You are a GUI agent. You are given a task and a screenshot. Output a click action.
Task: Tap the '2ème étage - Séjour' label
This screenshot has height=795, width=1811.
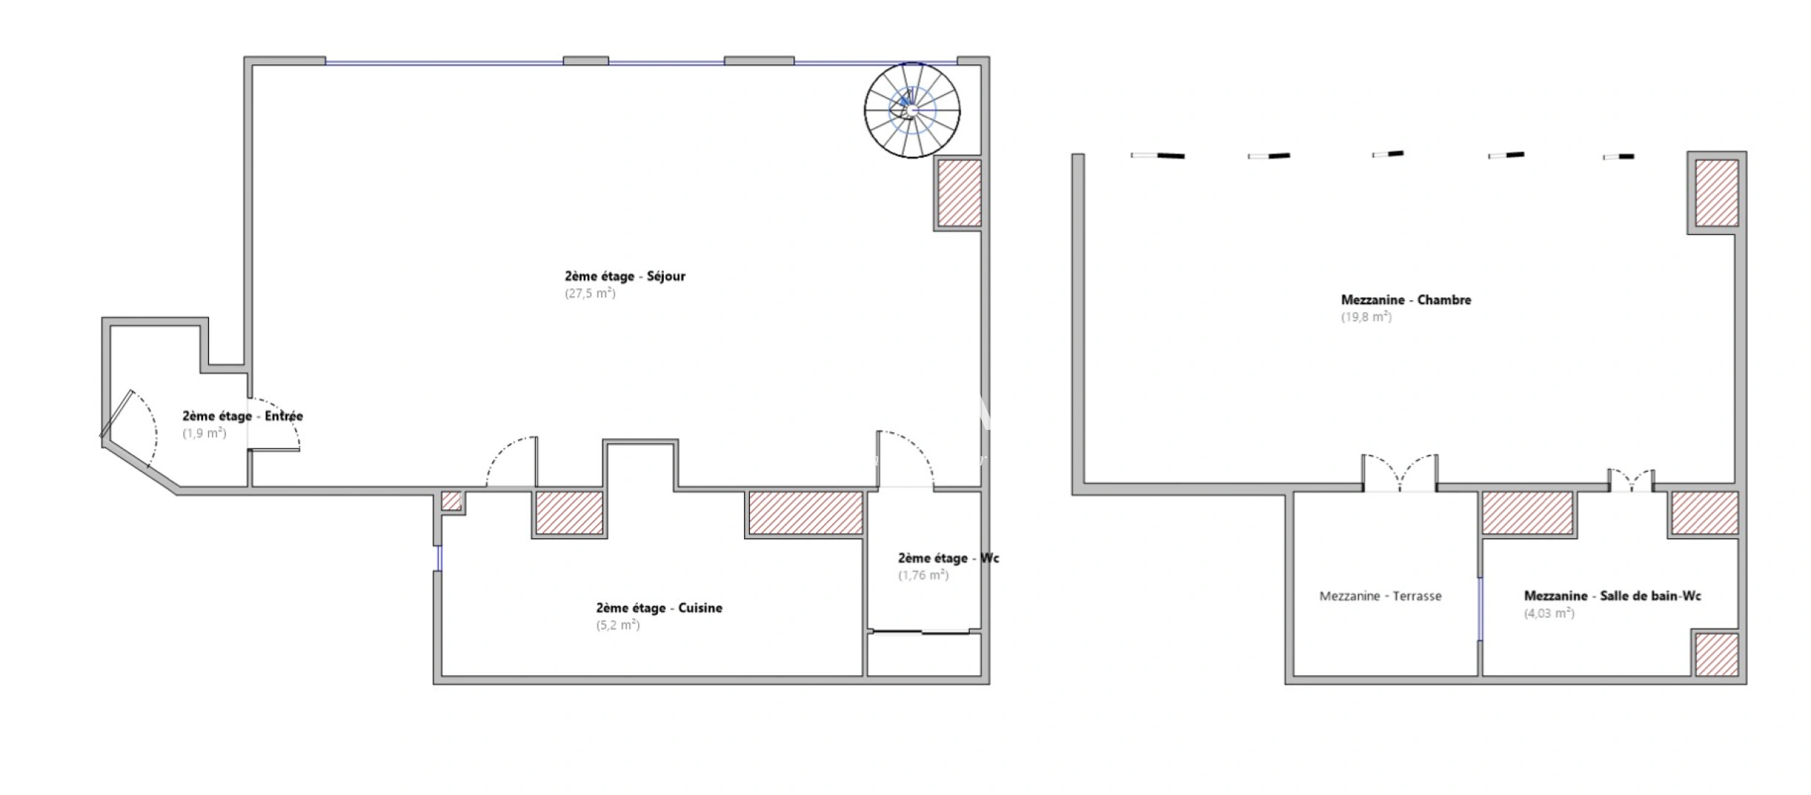click(625, 277)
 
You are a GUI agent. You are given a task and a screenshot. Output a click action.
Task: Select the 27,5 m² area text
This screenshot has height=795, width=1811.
click(590, 293)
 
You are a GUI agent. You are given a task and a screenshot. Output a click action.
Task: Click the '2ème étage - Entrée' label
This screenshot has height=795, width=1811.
click(243, 417)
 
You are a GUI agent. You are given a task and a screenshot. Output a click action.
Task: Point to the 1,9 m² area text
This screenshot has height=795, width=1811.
click(205, 434)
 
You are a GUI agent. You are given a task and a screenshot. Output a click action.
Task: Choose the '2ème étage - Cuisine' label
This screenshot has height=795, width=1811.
click(659, 608)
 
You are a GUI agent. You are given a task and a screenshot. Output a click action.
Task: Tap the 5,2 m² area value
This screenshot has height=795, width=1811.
click(618, 625)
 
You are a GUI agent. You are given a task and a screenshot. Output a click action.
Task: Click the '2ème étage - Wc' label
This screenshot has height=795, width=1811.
click(949, 558)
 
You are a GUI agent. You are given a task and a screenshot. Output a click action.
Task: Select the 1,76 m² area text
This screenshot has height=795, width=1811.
click(924, 575)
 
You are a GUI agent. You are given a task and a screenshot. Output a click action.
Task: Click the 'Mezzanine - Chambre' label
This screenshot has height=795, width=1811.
click(1406, 300)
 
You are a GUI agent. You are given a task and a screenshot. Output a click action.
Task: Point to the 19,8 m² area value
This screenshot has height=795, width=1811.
click(1367, 317)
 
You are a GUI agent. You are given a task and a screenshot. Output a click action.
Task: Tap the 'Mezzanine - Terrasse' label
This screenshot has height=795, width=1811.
click(1381, 596)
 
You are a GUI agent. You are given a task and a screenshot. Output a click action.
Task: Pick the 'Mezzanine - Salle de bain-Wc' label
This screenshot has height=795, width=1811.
click(1612, 596)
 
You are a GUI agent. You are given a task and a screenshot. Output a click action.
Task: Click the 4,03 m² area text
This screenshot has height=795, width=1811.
click(1549, 613)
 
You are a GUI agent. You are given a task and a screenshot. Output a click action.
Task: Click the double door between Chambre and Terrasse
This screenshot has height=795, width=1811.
click(1400, 473)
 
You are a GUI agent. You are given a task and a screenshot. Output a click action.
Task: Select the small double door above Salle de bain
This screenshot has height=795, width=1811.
click(1631, 480)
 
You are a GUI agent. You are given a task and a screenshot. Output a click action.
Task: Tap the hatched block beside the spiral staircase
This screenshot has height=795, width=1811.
click(959, 193)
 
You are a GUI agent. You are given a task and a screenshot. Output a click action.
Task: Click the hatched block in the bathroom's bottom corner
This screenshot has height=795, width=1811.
click(1718, 654)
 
